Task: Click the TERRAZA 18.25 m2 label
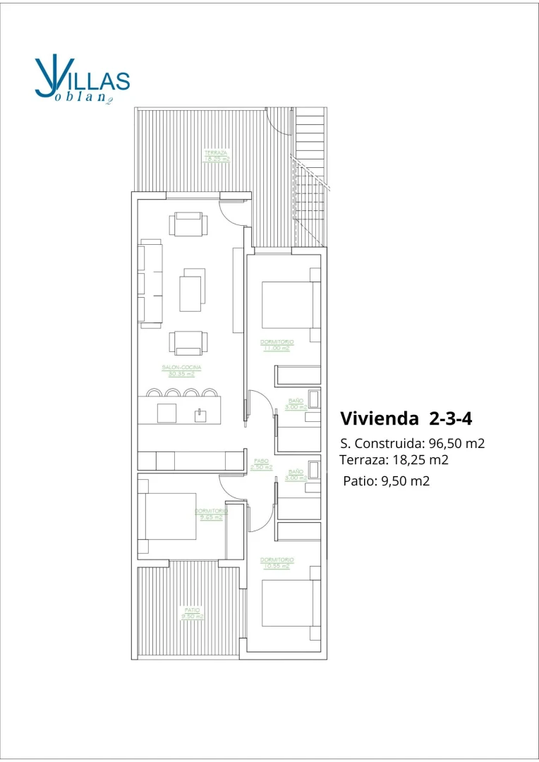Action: tap(217, 155)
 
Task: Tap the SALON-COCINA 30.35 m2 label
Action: tap(181, 370)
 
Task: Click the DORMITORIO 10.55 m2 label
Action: tap(277, 562)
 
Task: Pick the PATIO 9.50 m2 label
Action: tap(193, 612)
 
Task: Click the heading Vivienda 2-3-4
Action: tap(406, 418)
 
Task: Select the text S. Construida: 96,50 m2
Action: tap(413, 444)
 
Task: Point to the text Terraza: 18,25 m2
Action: tap(394, 460)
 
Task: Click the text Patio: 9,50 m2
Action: tap(386, 481)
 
